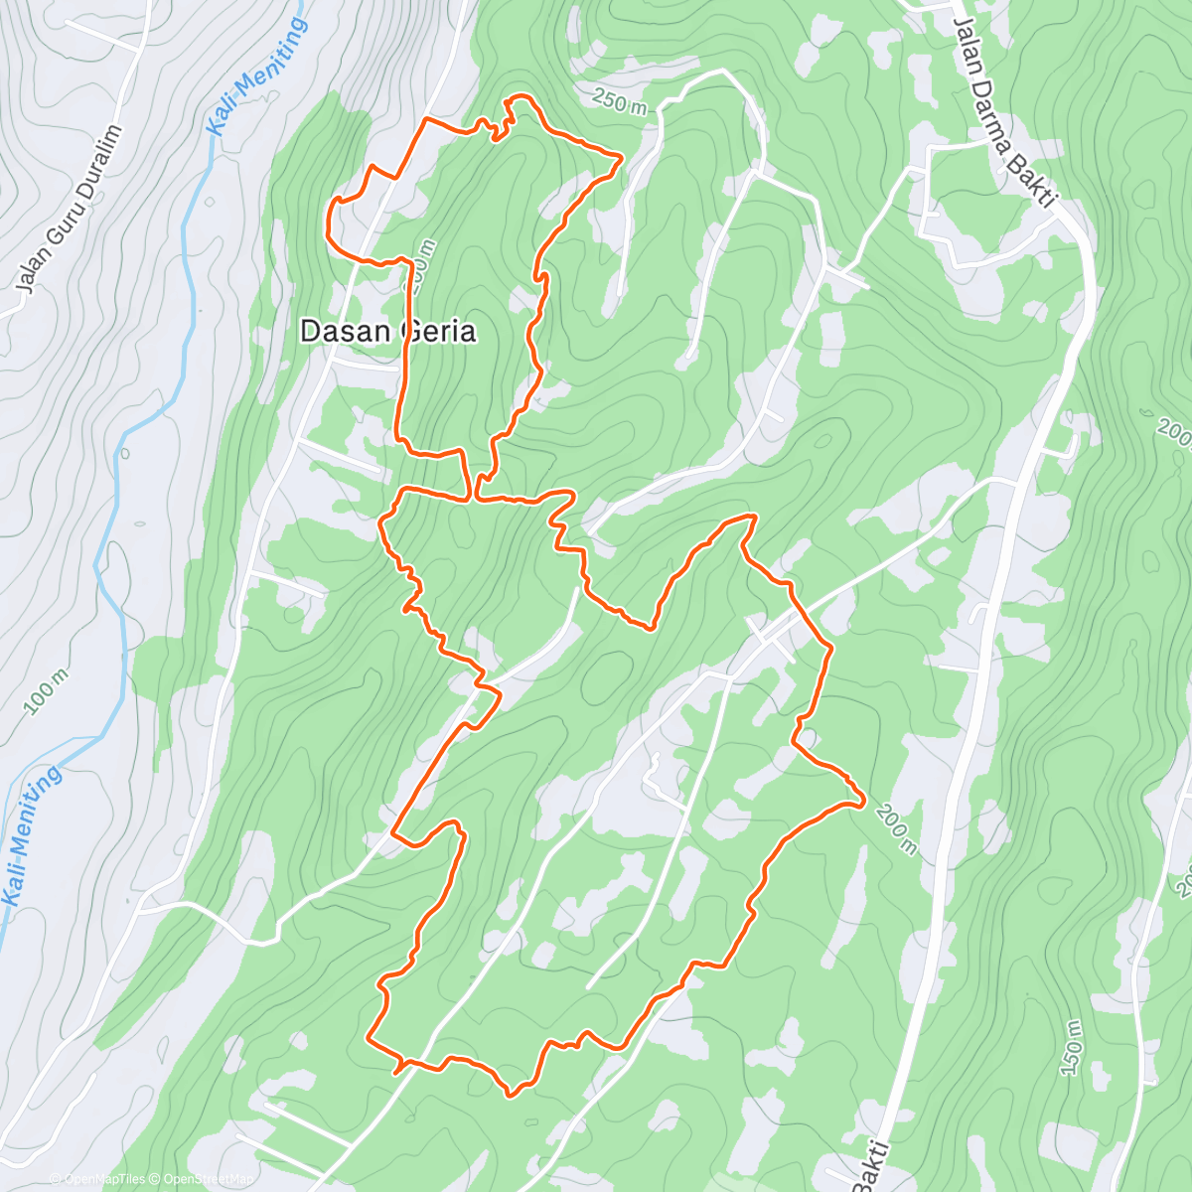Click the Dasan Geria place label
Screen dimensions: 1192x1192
click(387, 332)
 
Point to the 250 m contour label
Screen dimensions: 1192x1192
click(620, 100)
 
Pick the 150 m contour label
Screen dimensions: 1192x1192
click(1072, 1048)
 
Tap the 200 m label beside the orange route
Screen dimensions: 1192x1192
click(896, 828)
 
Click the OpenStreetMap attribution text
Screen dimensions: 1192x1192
click(208, 1179)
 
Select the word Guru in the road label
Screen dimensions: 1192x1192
click(55, 238)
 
